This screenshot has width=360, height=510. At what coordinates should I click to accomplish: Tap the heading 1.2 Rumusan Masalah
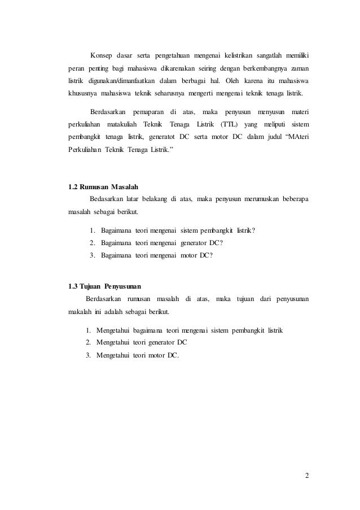click(x=103, y=186)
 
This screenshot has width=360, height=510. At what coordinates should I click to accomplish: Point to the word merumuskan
click(x=257, y=198)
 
